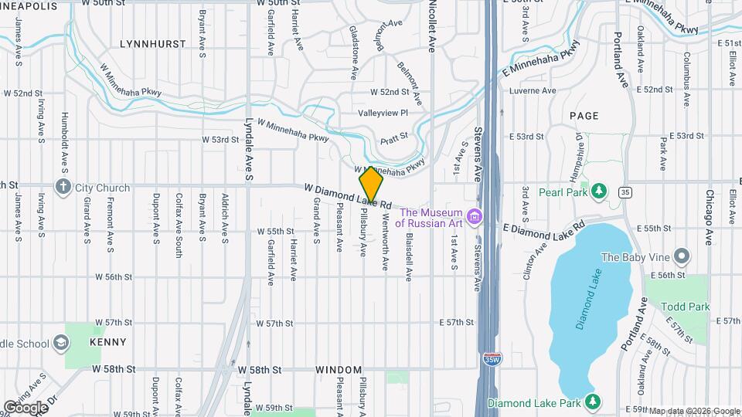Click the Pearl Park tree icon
[598, 190]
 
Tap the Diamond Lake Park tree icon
[592, 402]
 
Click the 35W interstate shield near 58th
[491, 359]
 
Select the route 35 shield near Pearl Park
[625, 192]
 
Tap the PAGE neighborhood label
[584, 116]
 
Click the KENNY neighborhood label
[107, 341]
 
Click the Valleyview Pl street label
[383, 114]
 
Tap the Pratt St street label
[394, 142]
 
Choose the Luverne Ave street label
[533, 91]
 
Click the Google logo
[26, 407]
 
